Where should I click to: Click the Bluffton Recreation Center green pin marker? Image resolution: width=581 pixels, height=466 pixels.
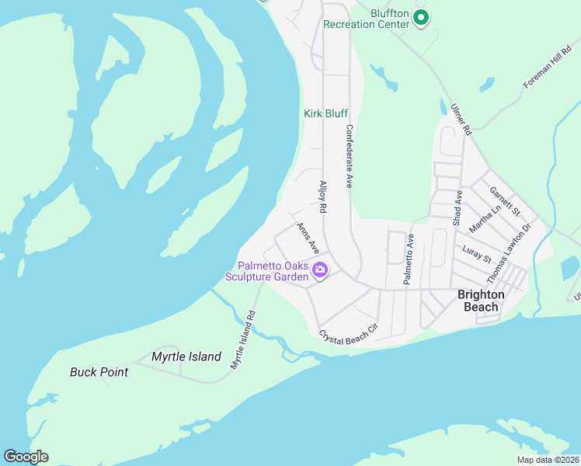[421, 17]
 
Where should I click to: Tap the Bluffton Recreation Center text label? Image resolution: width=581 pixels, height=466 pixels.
[366, 19]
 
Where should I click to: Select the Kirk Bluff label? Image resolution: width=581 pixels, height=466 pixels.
[325, 113]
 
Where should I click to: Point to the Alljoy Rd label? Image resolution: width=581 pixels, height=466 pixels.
[322, 197]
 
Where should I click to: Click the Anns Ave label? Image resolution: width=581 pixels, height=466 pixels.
[308, 238]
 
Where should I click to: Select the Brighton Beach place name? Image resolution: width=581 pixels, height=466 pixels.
[481, 301]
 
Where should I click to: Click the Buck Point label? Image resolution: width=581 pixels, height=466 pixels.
[99, 372]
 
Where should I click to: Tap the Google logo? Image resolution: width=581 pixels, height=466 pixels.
[26, 457]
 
